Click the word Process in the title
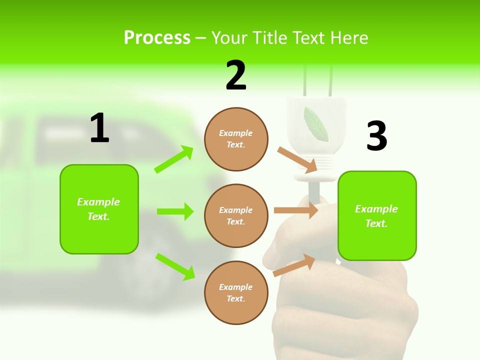tap(157, 37)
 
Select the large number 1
tap(99, 128)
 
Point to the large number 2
tap(236, 76)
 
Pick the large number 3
tap(376, 136)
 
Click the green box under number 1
tap(99, 209)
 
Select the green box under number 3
tap(377, 215)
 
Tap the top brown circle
tap(236, 139)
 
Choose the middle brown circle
tap(236, 215)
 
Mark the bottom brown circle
tap(236, 292)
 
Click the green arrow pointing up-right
tap(174, 159)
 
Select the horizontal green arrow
tap(175, 211)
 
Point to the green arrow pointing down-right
tap(175, 266)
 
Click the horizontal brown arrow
tap(295, 210)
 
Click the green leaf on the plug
tap(315, 123)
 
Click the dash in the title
tap(200, 38)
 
